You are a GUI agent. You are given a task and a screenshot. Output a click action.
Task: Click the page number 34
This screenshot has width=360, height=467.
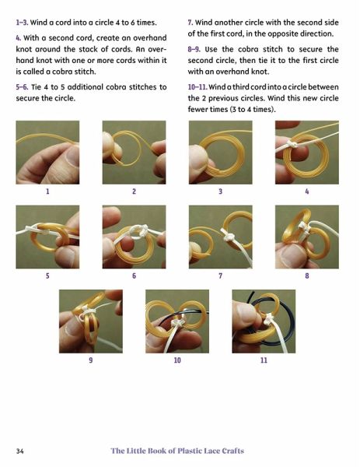point(20,451)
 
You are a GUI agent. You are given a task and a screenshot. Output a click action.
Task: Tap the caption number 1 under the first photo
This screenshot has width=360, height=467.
point(47,191)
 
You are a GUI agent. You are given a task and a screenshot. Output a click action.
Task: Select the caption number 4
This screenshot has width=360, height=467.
point(307,191)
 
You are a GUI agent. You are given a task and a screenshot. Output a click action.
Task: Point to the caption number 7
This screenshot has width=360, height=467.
point(221,276)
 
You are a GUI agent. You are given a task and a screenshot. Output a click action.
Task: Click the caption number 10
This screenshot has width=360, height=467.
point(177,360)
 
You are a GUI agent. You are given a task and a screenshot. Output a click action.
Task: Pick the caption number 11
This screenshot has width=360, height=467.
point(264,360)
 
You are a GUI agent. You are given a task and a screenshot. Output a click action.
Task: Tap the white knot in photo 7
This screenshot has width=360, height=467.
point(229,237)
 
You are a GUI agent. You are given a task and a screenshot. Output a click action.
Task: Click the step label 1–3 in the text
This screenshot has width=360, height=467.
point(23,23)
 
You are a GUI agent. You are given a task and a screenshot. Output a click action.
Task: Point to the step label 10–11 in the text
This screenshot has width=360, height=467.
point(197,87)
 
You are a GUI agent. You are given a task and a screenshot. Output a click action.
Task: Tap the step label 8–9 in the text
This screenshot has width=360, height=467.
point(194,49)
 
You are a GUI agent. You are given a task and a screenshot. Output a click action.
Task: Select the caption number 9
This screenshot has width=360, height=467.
point(91,360)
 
